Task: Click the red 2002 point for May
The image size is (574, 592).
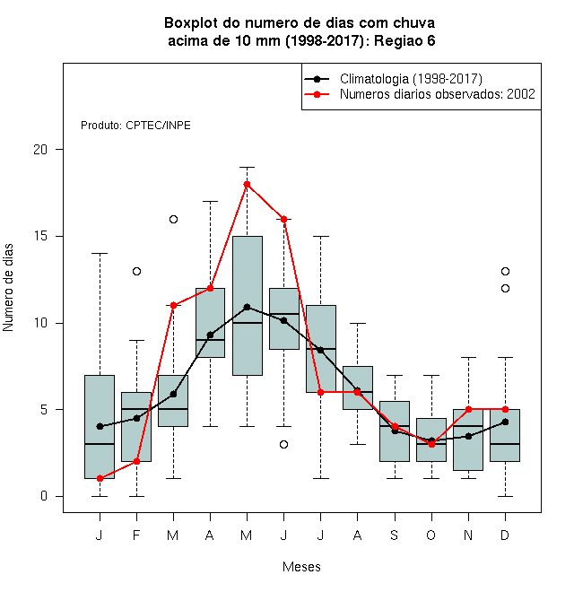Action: [x=247, y=184]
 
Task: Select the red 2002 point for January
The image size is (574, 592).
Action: [x=100, y=478]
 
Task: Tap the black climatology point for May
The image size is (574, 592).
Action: [x=247, y=307]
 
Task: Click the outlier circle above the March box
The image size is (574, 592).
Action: [x=173, y=220]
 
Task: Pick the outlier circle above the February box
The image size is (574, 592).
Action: [x=136, y=271]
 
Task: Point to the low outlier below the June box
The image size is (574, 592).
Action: [x=284, y=444]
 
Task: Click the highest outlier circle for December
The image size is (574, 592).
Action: [x=505, y=271]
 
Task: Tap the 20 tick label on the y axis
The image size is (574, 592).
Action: [x=40, y=150]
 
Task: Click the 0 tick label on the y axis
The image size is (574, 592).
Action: [x=44, y=496]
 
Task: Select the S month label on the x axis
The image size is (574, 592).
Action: [x=395, y=535]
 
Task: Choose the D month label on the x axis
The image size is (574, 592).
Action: [x=505, y=535]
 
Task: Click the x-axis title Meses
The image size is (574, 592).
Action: [x=301, y=567]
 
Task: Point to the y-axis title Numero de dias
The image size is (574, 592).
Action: [x=8, y=288]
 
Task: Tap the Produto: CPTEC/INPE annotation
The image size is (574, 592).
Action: [x=135, y=126]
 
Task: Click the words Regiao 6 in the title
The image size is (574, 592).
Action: [x=404, y=40]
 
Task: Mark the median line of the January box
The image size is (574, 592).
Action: [x=100, y=444]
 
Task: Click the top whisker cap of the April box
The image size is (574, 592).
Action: [x=211, y=202]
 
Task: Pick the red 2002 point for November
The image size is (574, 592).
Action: [x=469, y=409]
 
